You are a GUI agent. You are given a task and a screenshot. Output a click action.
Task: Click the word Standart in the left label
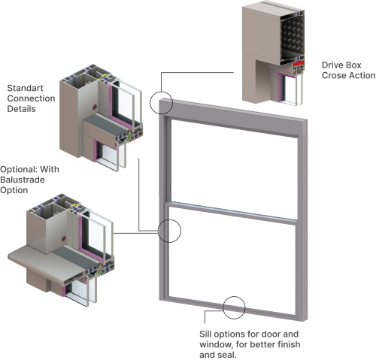click(25, 88)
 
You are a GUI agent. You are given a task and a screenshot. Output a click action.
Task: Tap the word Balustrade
click(23, 180)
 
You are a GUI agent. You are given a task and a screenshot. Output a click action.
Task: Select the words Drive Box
click(341, 65)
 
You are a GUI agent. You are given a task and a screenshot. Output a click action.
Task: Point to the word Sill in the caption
click(205, 334)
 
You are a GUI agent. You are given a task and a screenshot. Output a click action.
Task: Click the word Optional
click(19, 169)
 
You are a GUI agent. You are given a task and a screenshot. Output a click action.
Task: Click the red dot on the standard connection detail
click(95, 107)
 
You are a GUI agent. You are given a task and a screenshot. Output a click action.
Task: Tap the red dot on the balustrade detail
click(64, 238)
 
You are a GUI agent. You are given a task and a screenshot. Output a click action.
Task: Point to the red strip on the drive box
click(299, 63)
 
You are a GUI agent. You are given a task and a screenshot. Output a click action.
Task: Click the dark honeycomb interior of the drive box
click(293, 35)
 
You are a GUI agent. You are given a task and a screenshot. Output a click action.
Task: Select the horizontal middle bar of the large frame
click(232, 213)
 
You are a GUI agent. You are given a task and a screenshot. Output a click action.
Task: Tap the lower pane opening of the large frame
click(232, 260)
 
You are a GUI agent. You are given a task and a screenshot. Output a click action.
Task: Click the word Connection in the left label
click(31, 98)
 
